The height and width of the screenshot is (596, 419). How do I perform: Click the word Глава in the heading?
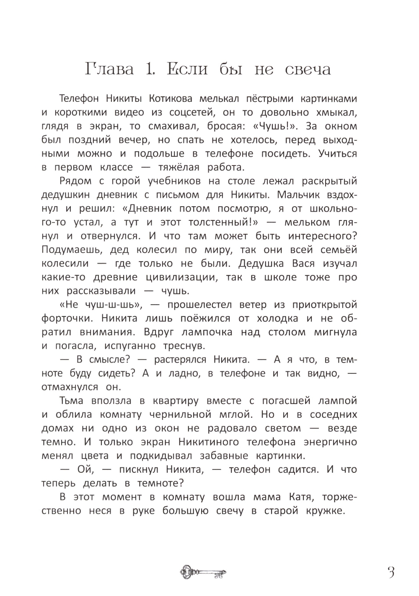coord(109,69)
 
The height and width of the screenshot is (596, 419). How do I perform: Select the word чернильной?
coord(178,415)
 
